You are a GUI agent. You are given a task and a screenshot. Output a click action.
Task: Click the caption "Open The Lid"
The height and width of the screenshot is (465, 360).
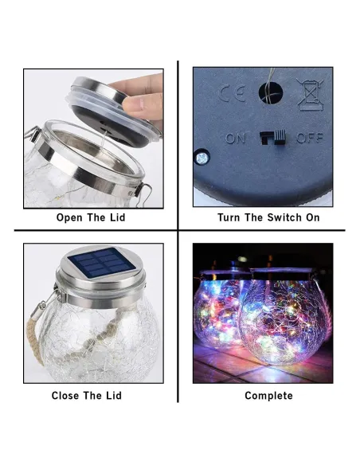coord(91,217)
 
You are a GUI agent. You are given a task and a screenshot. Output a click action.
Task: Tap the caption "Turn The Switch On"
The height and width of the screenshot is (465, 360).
coord(268,217)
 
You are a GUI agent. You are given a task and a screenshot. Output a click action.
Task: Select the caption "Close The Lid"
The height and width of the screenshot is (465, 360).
coord(87,395)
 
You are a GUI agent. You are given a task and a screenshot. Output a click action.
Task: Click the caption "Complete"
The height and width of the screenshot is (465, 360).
coord(268,396)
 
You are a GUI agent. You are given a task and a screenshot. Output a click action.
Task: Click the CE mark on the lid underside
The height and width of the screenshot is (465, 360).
coord(233,93)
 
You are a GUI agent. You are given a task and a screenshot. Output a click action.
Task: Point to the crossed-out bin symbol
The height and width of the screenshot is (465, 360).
coord(310,94)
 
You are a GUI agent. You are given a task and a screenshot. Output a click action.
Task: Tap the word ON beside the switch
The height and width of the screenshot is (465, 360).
coord(236,139)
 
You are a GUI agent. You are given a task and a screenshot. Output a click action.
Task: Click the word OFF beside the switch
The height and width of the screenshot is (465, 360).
coord(310,138)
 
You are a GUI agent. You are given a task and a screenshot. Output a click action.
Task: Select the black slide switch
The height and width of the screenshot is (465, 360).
coord(273,137)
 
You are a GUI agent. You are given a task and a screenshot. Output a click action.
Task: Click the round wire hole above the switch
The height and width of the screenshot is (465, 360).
coord(271,93)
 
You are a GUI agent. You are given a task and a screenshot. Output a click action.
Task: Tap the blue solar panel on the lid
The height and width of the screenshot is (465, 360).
coord(102,263)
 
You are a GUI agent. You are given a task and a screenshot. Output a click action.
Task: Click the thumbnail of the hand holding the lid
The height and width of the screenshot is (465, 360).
coord(93,139)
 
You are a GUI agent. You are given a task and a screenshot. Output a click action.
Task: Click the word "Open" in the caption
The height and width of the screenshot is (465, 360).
coord(69,217)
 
